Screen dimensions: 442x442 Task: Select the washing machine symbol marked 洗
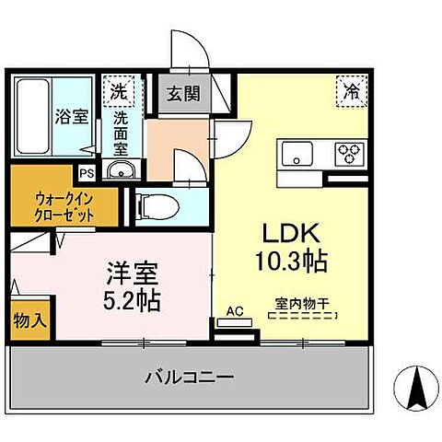tap(119, 91)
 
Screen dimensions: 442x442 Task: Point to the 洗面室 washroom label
tap(121, 133)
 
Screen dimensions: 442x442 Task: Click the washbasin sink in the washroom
tap(120, 170)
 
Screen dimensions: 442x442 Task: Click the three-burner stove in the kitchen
tap(349, 152)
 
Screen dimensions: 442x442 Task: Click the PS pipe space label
tap(87, 172)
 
